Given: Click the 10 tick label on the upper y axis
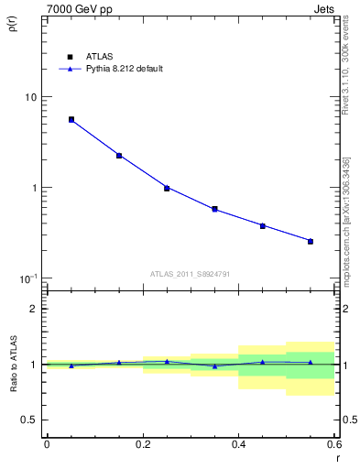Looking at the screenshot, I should [30, 97].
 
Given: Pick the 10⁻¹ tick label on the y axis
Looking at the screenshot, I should [28, 278].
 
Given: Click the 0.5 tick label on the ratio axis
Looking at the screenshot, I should [30, 420].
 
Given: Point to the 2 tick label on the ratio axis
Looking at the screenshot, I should [34, 309].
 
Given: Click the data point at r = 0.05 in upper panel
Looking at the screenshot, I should [71, 120].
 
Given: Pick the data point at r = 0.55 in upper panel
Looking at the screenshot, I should [311, 241].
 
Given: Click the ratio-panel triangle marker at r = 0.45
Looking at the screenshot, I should [263, 362].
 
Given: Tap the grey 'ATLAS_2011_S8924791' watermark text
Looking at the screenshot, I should [190, 273].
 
